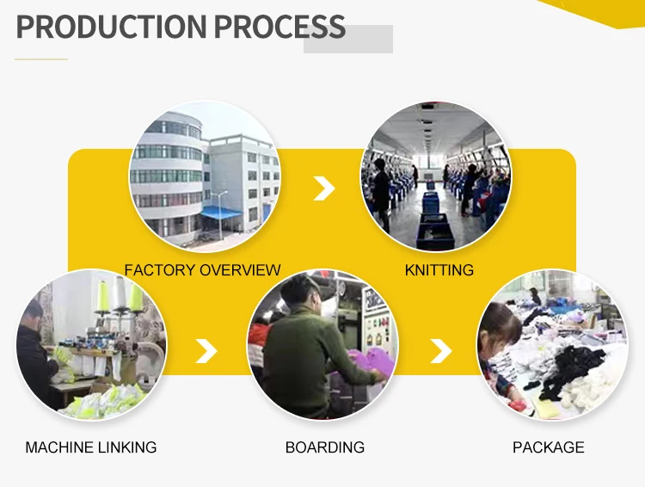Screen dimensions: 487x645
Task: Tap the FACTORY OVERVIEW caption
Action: tap(202, 270)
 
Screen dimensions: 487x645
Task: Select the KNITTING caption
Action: tap(439, 270)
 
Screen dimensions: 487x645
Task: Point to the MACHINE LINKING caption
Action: tap(91, 447)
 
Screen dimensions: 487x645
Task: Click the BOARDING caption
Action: tap(324, 447)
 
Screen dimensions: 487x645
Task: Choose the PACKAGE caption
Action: tap(548, 447)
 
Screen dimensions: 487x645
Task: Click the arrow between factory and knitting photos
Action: tap(323, 188)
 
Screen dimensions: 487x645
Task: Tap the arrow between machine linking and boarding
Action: tap(206, 350)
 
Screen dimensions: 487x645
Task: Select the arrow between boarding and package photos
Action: tap(441, 350)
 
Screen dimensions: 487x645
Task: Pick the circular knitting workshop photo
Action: tap(435, 176)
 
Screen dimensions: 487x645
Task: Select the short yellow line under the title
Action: tap(41, 59)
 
